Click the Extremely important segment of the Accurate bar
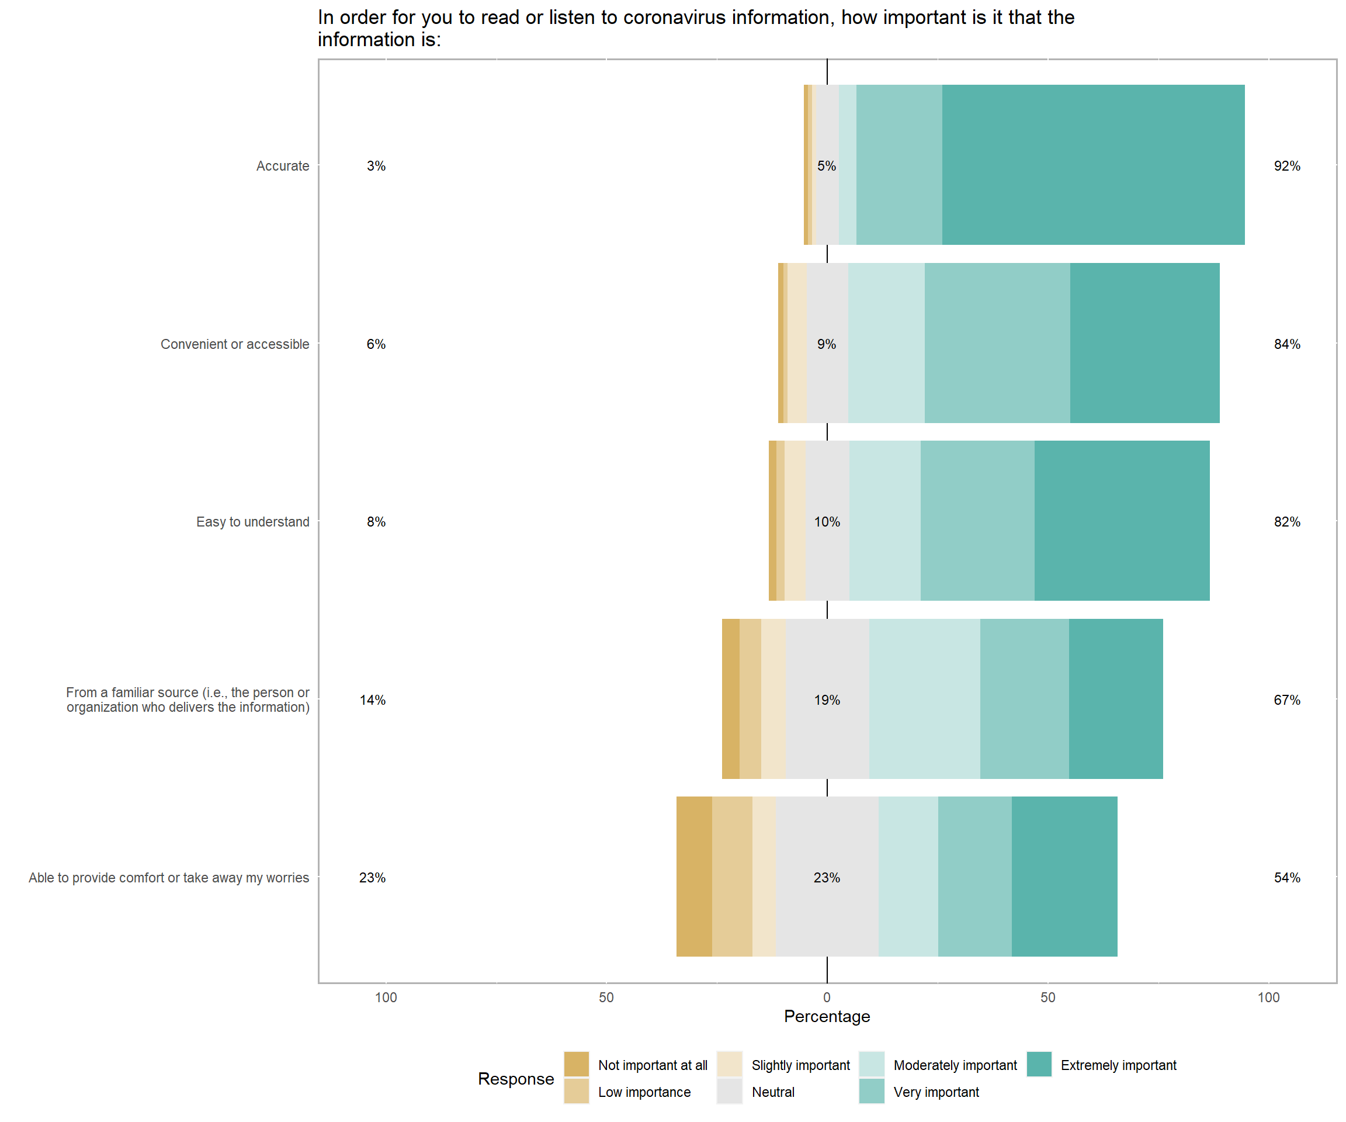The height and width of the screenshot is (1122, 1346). click(x=1093, y=165)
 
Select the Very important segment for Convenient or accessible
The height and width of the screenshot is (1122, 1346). click(x=997, y=343)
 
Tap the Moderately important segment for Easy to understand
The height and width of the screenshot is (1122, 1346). click(x=884, y=521)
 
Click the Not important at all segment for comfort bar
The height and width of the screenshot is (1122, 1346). click(x=693, y=877)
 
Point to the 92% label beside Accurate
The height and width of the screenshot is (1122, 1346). click(x=1286, y=166)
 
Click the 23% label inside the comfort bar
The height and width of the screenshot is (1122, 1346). click(x=826, y=878)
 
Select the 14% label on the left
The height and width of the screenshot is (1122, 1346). click(x=372, y=700)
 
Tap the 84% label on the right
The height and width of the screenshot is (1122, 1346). click(x=1286, y=344)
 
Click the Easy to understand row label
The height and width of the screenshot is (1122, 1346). click(x=252, y=522)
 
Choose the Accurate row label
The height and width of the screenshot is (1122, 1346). click(x=283, y=166)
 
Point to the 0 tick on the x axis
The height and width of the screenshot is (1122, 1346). click(x=827, y=998)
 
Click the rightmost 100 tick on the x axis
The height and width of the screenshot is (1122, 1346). click(x=1268, y=998)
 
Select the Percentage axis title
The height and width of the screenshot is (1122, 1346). click(x=827, y=1017)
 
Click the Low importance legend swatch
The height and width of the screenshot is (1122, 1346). click(x=576, y=1091)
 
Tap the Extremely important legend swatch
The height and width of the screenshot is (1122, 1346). click(x=1039, y=1064)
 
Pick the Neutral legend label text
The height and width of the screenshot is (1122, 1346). click(x=773, y=1092)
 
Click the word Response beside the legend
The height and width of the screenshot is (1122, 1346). click(x=516, y=1079)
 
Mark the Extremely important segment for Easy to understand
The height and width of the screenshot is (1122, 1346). click(x=1122, y=521)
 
